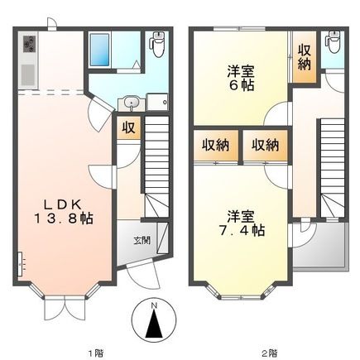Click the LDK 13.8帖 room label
pos(62,211)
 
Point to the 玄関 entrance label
pos(142,241)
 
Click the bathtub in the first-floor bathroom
pos(100,51)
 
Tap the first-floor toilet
pos(159,42)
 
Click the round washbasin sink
pos(132,103)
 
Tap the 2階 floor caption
pos(270,352)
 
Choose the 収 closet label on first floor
pos(127,128)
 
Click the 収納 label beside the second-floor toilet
pos(305,56)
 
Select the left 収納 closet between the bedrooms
pos(215,145)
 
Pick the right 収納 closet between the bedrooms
pos(265,145)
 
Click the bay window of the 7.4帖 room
pos(241,290)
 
